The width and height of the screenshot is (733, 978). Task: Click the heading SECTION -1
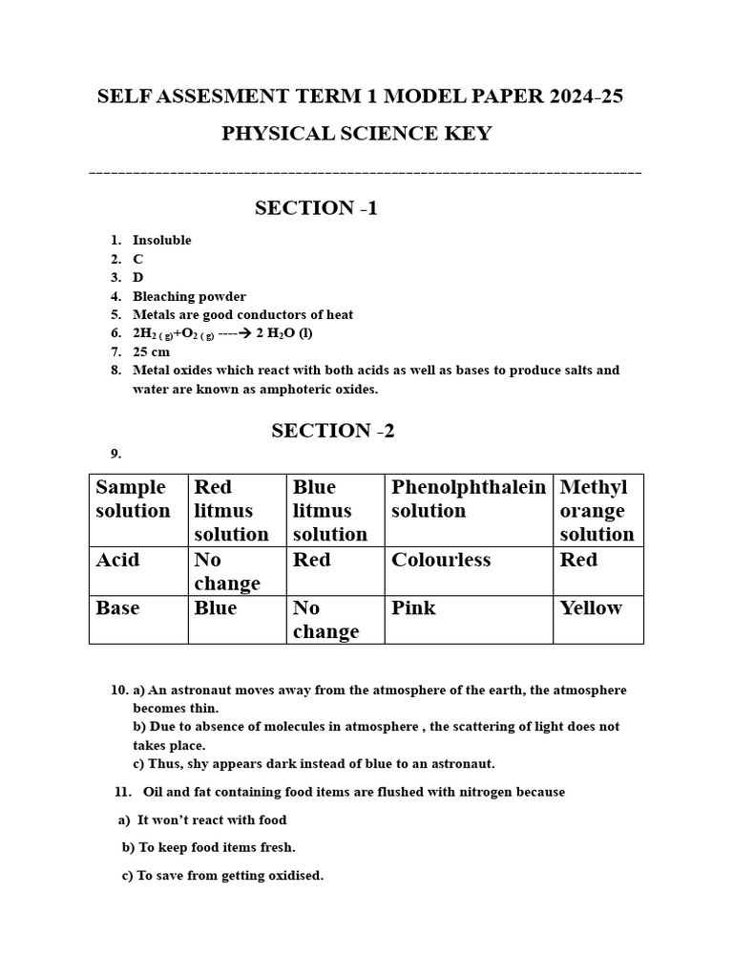(x=316, y=208)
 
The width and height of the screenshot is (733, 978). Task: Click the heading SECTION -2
(x=332, y=431)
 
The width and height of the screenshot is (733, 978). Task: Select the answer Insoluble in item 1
(x=161, y=241)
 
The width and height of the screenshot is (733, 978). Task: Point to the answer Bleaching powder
(x=189, y=296)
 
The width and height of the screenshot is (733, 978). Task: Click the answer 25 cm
(x=151, y=351)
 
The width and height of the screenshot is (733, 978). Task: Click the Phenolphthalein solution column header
(x=468, y=499)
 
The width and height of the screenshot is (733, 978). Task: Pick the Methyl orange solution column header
(x=597, y=510)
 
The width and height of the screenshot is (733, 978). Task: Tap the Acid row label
(x=117, y=561)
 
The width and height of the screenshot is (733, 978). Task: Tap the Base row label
(x=117, y=608)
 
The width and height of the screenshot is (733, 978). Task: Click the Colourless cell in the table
(x=441, y=561)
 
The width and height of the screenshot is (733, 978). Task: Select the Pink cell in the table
(x=413, y=608)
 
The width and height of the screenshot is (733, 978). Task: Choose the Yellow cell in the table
(x=591, y=608)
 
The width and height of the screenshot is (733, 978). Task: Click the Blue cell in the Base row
(x=215, y=608)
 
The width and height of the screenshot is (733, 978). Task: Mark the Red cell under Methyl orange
(x=578, y=561)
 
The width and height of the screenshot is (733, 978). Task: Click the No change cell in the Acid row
(x=227, y=571)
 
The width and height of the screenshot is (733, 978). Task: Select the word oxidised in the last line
(x=294, y=875)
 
